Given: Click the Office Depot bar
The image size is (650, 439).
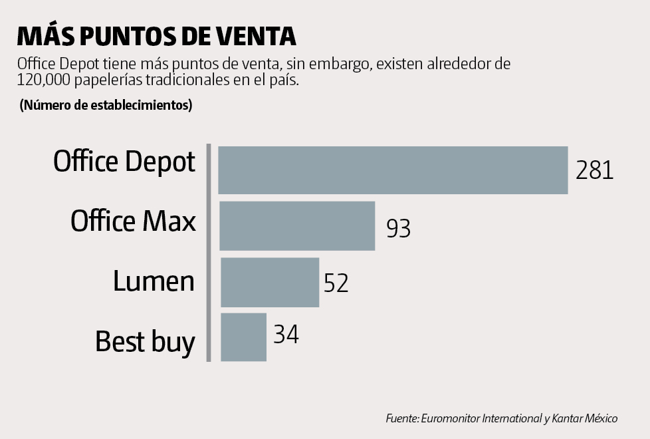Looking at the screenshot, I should tap(393, 170).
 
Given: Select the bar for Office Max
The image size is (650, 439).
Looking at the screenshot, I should tap(297, 225).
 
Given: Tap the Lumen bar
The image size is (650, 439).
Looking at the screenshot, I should tap(269, 282).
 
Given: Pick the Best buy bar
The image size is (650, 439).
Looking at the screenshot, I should tap(243, 337).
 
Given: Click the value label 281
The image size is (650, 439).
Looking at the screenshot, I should tap(594, 170).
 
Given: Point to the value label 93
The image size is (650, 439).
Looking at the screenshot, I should tap(398, 228).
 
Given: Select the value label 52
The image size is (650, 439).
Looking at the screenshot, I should tap(336, 283).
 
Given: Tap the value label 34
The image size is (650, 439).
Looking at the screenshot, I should tap(286, 334).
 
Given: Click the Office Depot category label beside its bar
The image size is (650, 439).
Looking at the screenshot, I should tap(124, 162).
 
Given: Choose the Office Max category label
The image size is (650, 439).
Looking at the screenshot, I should tap(133, 221).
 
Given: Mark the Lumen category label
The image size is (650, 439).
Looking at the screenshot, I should tap(154, 281).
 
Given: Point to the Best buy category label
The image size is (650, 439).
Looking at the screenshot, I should tap(145, 341).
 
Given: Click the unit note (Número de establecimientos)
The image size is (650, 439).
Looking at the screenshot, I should tap(106, 105).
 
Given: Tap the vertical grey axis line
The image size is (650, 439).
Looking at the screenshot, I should tap(209, 253).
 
